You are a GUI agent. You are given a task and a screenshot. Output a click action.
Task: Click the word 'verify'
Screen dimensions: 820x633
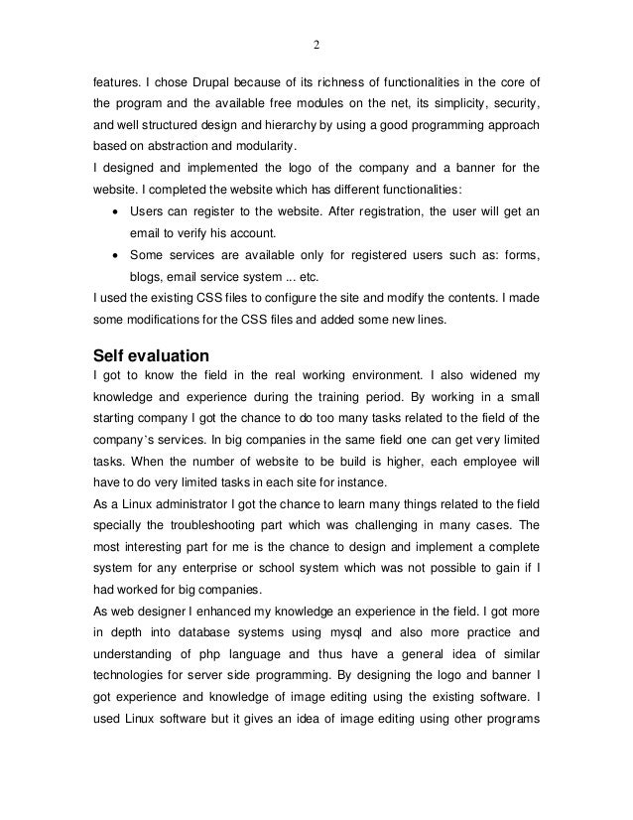[x=186, y=234]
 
